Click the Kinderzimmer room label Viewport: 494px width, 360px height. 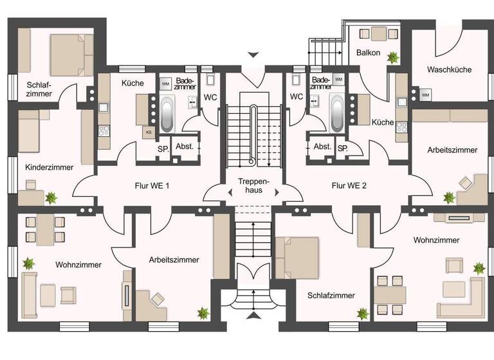(50, 167)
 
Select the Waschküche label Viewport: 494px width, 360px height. (449, 69)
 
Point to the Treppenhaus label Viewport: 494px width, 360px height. (253, 185)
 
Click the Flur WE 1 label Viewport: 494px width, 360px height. (151, 186)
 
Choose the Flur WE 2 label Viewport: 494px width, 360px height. (349, 186)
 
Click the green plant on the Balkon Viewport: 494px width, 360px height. (392, 57)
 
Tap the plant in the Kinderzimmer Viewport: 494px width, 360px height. (51, 199)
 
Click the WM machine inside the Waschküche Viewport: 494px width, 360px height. (425, 95)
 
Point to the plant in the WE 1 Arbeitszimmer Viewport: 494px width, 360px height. (203, 313)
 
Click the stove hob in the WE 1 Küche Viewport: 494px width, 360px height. (104, 131)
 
